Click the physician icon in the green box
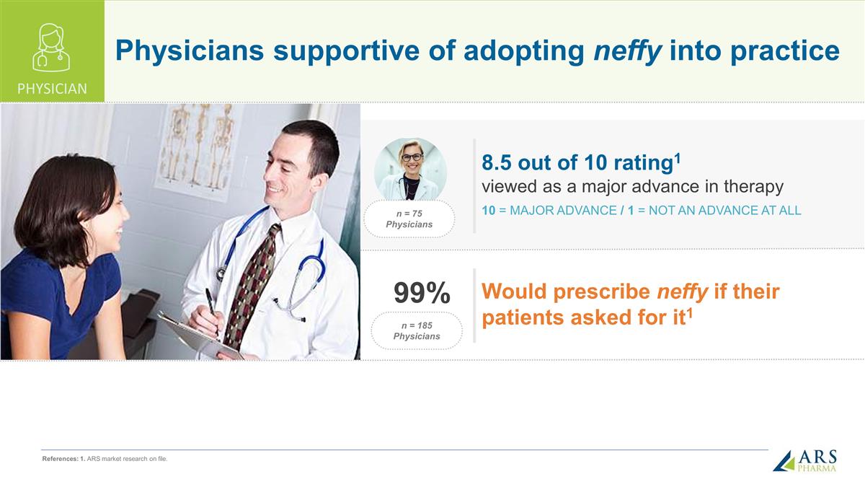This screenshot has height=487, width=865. tap(51, 47)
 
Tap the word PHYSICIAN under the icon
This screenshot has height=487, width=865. tap(52, 89)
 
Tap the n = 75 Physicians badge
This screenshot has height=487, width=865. tap(409, 219)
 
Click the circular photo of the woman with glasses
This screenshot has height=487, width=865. tap(410, 169)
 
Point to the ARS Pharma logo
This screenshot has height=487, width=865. tap(805, 460)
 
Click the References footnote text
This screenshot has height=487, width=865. tap(105, 459)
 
